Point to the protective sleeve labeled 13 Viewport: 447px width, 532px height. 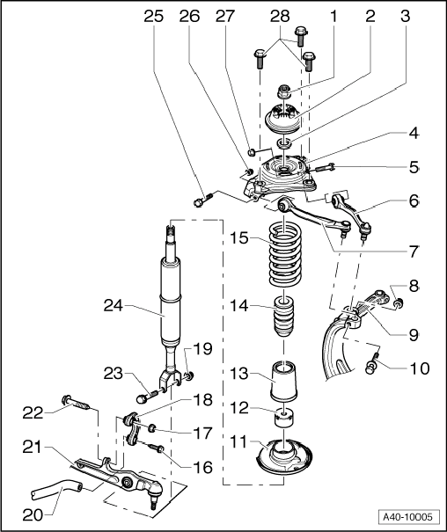284,383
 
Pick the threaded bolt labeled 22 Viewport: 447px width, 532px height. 76,405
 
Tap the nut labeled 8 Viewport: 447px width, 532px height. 398,304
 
